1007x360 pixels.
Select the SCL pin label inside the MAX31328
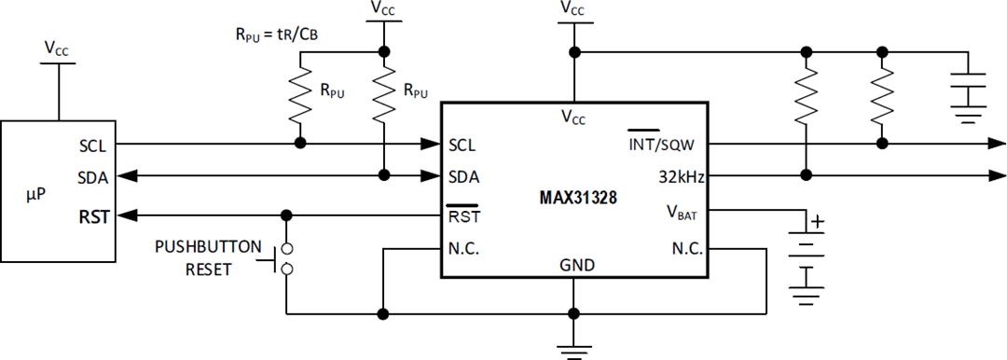click(x=462, y=145)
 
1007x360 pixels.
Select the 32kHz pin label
click(x=680, y=174)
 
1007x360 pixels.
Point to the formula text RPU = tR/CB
click(x=276, y=35)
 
